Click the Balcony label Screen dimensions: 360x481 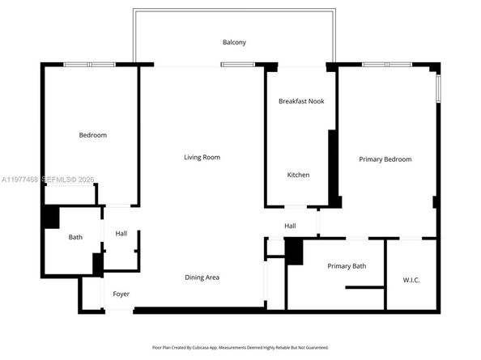pyautogui.click(x=234, y=42)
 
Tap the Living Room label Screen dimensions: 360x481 pyautogui.click(x=202, y=157)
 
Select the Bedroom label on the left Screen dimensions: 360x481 pyautogui.click(x=92, y=135)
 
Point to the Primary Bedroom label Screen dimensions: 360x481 pyautogui.click(x=385, y=159)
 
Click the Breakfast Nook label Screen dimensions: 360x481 pyautogui.click(x=300, y=101)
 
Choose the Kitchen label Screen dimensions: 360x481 pyautogui.click(x=298, y=175)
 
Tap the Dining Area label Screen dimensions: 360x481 pyautogui.click(x=202, y=277)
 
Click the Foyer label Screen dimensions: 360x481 pyautogui.click(x=121, y=294)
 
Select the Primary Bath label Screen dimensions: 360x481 pyautogui.click(x=347, y=266)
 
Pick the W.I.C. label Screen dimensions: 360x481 pyautogui.click(x=411, y=280)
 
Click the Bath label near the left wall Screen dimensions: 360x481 pyautogui.click(x=75, y=237)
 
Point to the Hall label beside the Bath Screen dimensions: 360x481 pyautogui.click(x=121, y=234)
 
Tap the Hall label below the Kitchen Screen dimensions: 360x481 pyautogui.click(x=290, y=226)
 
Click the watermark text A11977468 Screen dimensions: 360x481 pyautogui.click(x=18, y=178)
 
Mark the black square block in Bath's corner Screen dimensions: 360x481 pyautogui.click(x=51, y=217)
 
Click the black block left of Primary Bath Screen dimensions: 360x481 pyautogui.click(x=294, y=252)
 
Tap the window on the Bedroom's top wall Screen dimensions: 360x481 pyautogui.click(x=89, y=64)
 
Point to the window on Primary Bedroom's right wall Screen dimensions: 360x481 pyautogui.click(x=438, y=88)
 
